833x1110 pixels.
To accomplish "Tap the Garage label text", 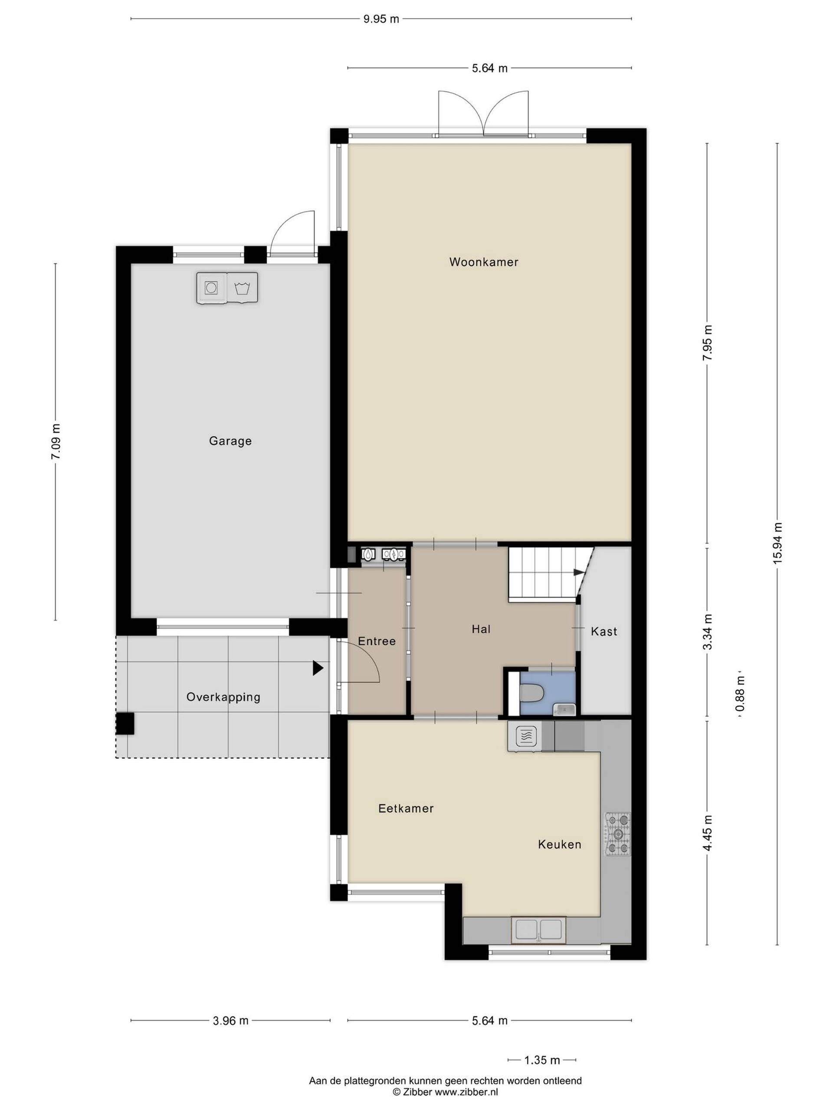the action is tap(230, 441).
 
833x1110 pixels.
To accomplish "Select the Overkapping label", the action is tap(223, 697).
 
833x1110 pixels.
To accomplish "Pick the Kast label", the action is tap(603, 631).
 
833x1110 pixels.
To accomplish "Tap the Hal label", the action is tap(481, 629).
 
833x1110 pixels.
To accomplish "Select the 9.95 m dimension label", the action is tap(381, 19).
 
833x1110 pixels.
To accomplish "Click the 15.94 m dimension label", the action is tap(777, 542).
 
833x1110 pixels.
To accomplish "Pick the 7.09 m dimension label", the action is tap(55, 441).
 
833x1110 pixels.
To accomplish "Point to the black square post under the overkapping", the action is tap(125, 724).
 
